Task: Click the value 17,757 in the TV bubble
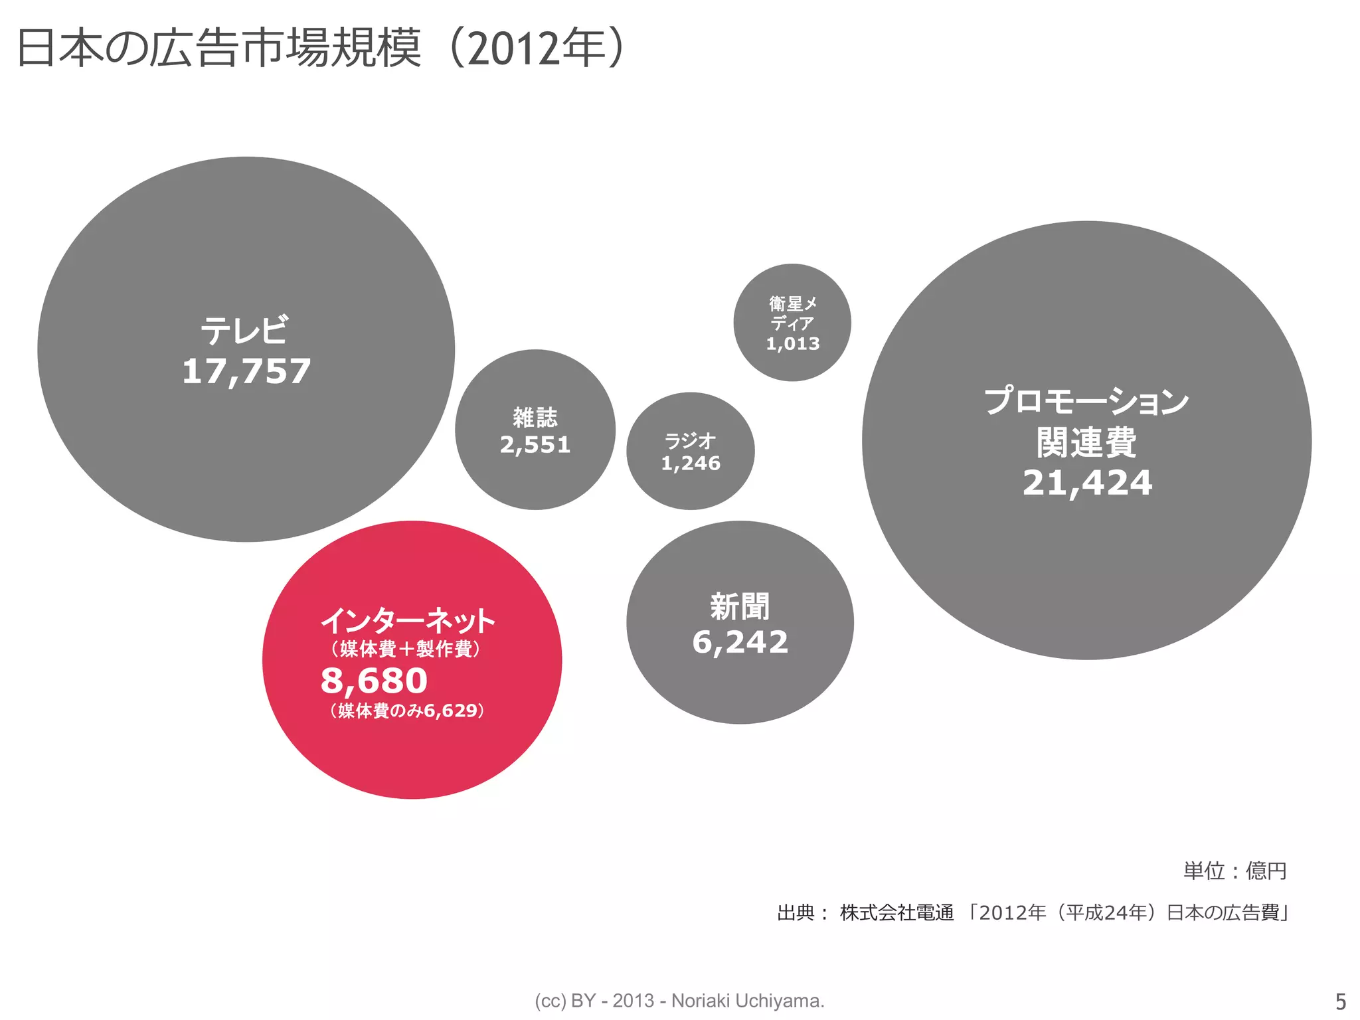click(x=246, y=371)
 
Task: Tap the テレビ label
click(x=245, y=330)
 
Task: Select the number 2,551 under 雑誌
click(x=535, y=445)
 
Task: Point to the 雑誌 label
click(x=535, y=418)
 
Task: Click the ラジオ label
click(x=690, y=440)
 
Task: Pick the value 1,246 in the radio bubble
click(x=691, y=463)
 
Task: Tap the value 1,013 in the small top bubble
click(x=793, y=343)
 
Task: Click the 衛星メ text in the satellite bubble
click(x=793, y=303)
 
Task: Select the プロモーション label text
click(x=1086, y=401)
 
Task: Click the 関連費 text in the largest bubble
click(x=1086, y=442)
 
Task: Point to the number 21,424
click(x=1087, y=483)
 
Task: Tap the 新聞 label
click(x=740, y=606)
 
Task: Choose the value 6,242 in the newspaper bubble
click(x=740, y=642)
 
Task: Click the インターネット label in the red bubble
click(x=408, y=620)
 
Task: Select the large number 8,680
click(x=374, y=680)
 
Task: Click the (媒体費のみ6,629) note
click(x=407, y=711)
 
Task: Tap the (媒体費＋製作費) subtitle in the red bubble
click(x=406, y=648)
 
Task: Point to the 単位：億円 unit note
click(x=1234, y=871)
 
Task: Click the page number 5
click(x=1340, y=1001)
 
